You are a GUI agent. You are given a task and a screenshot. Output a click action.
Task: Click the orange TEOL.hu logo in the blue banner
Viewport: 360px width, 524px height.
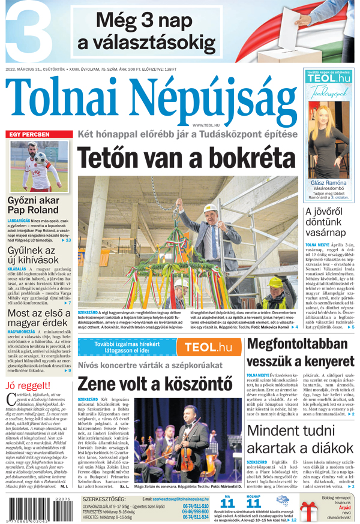coord(208,347)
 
